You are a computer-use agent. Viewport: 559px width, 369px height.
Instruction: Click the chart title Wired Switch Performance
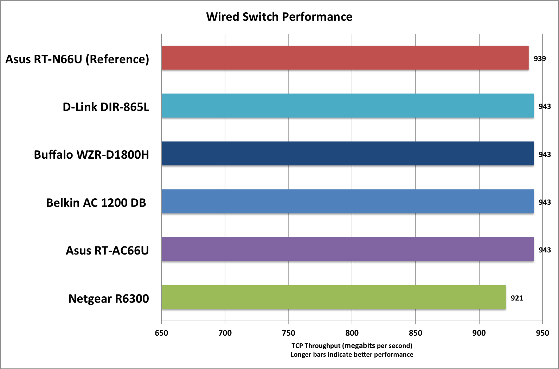[279, 17]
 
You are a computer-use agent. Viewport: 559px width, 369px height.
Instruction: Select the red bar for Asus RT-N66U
[345, 58]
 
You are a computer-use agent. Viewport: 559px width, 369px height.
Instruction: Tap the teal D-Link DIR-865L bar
[347, 106]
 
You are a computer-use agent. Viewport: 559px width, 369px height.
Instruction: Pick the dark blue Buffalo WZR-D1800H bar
[347, 153]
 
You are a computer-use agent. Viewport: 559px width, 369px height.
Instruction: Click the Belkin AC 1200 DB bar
[347, 201]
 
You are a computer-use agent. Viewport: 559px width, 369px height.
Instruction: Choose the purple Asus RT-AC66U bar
[347, 249]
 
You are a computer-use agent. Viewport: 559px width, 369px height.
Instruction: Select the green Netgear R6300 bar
[333, 297]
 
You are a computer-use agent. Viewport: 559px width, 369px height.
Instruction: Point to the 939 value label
[540, 59]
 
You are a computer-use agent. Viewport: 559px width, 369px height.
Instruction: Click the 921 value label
[517, 298]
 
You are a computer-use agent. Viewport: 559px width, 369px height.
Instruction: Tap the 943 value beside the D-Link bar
[545, 106]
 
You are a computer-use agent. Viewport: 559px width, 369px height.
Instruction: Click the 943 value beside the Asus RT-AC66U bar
[545, 250]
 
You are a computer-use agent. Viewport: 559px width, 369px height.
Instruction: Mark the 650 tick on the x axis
[161, 333]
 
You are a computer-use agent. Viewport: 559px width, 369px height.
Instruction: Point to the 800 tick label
[352, 333]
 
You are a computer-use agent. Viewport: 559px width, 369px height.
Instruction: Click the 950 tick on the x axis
[542, 333]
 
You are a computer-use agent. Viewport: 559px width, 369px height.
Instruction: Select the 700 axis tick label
[225, 333]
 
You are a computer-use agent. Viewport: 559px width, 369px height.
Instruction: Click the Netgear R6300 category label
[109, 298]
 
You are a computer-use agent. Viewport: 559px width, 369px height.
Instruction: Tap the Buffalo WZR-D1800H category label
[91, 154]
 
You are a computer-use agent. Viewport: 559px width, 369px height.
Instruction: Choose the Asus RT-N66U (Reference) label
[77, 59]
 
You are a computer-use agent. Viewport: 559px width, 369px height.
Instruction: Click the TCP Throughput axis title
[352, 345]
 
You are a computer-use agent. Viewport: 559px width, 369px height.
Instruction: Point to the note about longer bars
[352, 355]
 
